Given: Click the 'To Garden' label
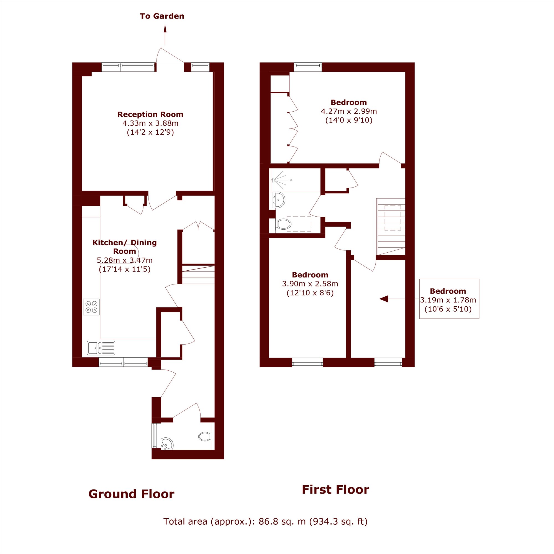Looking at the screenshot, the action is click(162, 16).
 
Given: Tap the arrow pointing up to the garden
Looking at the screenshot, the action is click(165, 34).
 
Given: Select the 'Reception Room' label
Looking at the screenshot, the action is click(150, 114).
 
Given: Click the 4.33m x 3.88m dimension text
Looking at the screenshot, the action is click(150, 123).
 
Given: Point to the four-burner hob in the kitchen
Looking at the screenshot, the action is click(91, 307).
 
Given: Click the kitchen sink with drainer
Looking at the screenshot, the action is click(101, 348).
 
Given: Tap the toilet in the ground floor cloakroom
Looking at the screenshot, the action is click(205, 437).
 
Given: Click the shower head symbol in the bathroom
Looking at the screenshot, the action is click(274, 180).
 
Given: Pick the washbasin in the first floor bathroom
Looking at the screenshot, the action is click(278, 199).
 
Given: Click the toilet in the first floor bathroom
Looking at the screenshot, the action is click(283, 224).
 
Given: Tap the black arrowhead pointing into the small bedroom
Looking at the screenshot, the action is click(384, 299).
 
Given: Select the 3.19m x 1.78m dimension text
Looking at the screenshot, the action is click(448, 300).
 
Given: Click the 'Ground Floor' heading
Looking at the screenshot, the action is click(131, 494).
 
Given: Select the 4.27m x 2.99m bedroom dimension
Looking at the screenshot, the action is click(349, 111).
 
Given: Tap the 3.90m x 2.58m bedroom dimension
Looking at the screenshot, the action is click(310, 284).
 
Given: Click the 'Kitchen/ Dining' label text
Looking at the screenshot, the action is click(124, 243).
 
